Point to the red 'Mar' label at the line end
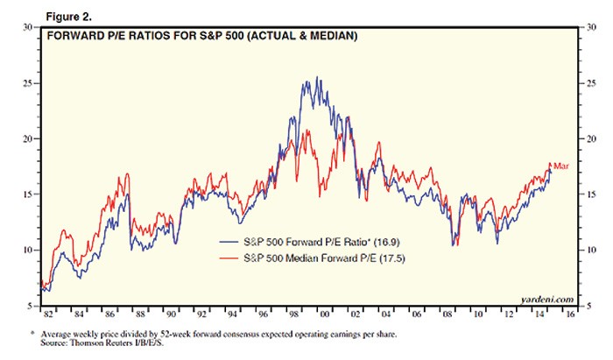(561, 165)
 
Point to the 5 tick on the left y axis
(32, 305)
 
